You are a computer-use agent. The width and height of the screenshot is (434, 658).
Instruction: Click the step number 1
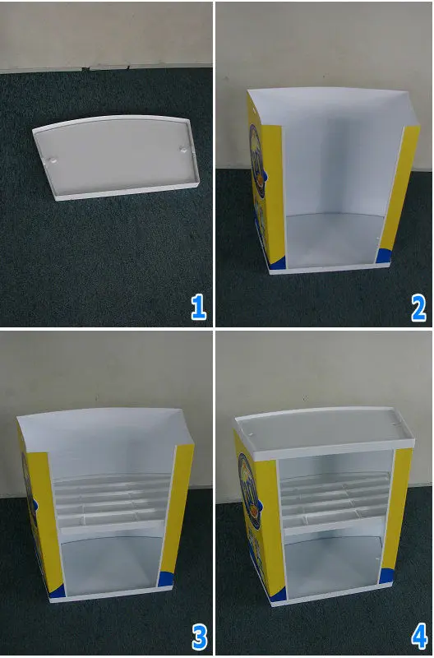point(198,307)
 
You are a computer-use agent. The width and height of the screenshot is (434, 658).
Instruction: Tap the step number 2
point(418,307)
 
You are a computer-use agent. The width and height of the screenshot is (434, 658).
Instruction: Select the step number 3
point(198,636)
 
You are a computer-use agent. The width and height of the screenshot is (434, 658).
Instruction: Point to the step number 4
point(418,636)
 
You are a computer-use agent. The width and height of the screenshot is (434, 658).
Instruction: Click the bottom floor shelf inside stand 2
point(333,239)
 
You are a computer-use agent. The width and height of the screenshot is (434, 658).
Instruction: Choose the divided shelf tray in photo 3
point(108,502)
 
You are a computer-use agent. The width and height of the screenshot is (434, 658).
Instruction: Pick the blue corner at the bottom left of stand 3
point(55,590)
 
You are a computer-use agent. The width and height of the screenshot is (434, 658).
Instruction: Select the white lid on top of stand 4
point(323,429)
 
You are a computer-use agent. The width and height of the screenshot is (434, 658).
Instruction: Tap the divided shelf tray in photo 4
point(333,502)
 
